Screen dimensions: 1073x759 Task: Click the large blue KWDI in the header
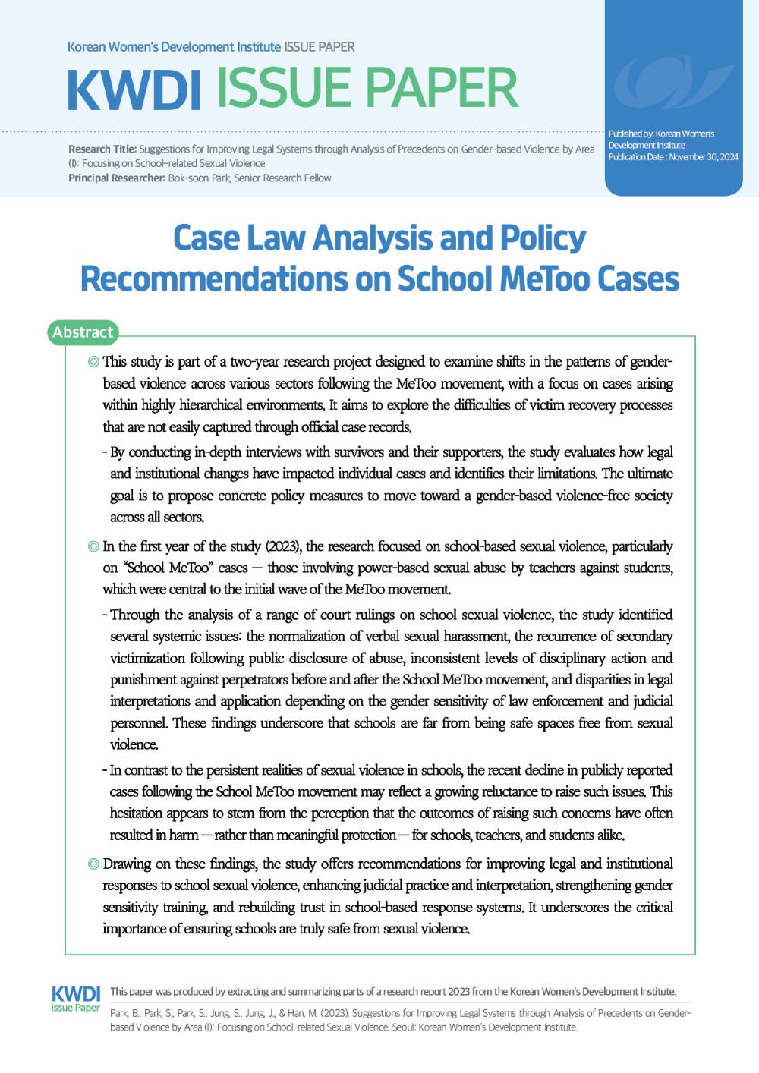(134, 90)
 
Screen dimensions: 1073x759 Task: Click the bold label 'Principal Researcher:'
(117, 178)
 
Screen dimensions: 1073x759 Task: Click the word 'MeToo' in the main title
(543, 278)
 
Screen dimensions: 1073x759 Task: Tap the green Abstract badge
(83, 332)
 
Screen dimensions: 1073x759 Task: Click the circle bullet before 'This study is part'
(93, 362)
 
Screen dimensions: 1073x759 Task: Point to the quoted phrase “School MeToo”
(166, 568)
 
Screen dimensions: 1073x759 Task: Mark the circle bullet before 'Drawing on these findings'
(93, 864)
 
